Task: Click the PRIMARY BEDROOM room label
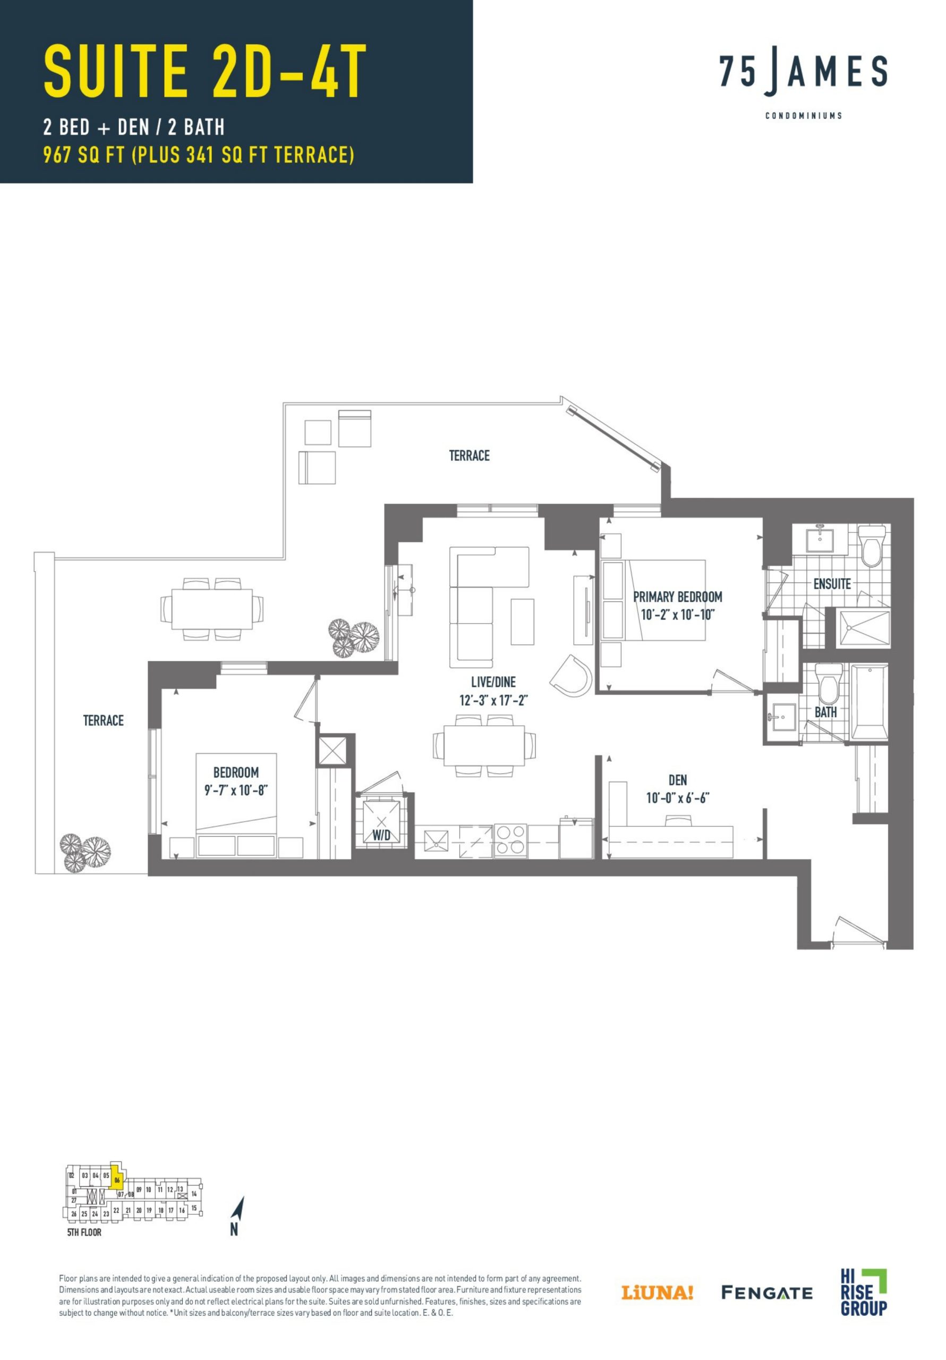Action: coord(677,597)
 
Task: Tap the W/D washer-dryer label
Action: coord(381,835)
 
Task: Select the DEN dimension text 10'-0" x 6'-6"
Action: coord(677,798)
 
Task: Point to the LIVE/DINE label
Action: coord(493,682)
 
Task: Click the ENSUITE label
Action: coord(831,584)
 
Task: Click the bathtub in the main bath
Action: coord(869,702)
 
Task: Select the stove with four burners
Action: coord(510,840)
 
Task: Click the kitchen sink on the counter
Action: coord(436,840)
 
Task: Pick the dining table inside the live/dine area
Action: coord(484,745)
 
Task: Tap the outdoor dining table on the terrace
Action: coord(211,609)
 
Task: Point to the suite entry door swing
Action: coord(860,931)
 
